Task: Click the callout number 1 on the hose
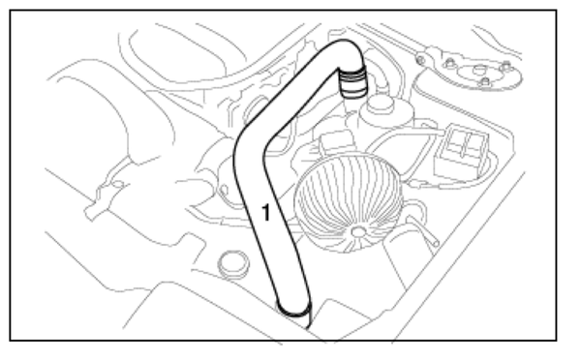(265, 213)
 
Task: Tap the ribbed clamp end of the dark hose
(352, 81)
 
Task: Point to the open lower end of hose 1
(293, 310)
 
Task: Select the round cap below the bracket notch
(232, 263)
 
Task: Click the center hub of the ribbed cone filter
(358, 232)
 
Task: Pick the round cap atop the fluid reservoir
(379, 103)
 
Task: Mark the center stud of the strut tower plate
(479, 70)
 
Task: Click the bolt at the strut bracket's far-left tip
(420, 59)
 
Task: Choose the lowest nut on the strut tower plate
(485, 81)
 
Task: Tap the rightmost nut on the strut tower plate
(505, 68)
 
